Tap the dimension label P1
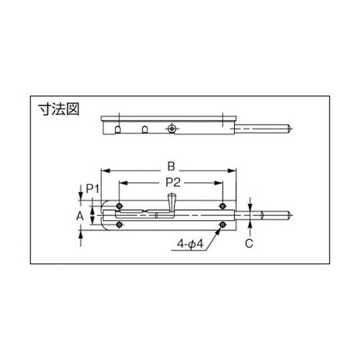point(91,188)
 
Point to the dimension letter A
point(80,215)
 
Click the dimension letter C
point(249,243)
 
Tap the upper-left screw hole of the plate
point(120,207)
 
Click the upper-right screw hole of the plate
point(223,207)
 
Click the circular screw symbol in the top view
point(171,128)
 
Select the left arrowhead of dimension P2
point(123,183)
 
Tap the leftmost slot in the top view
point(117,130)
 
